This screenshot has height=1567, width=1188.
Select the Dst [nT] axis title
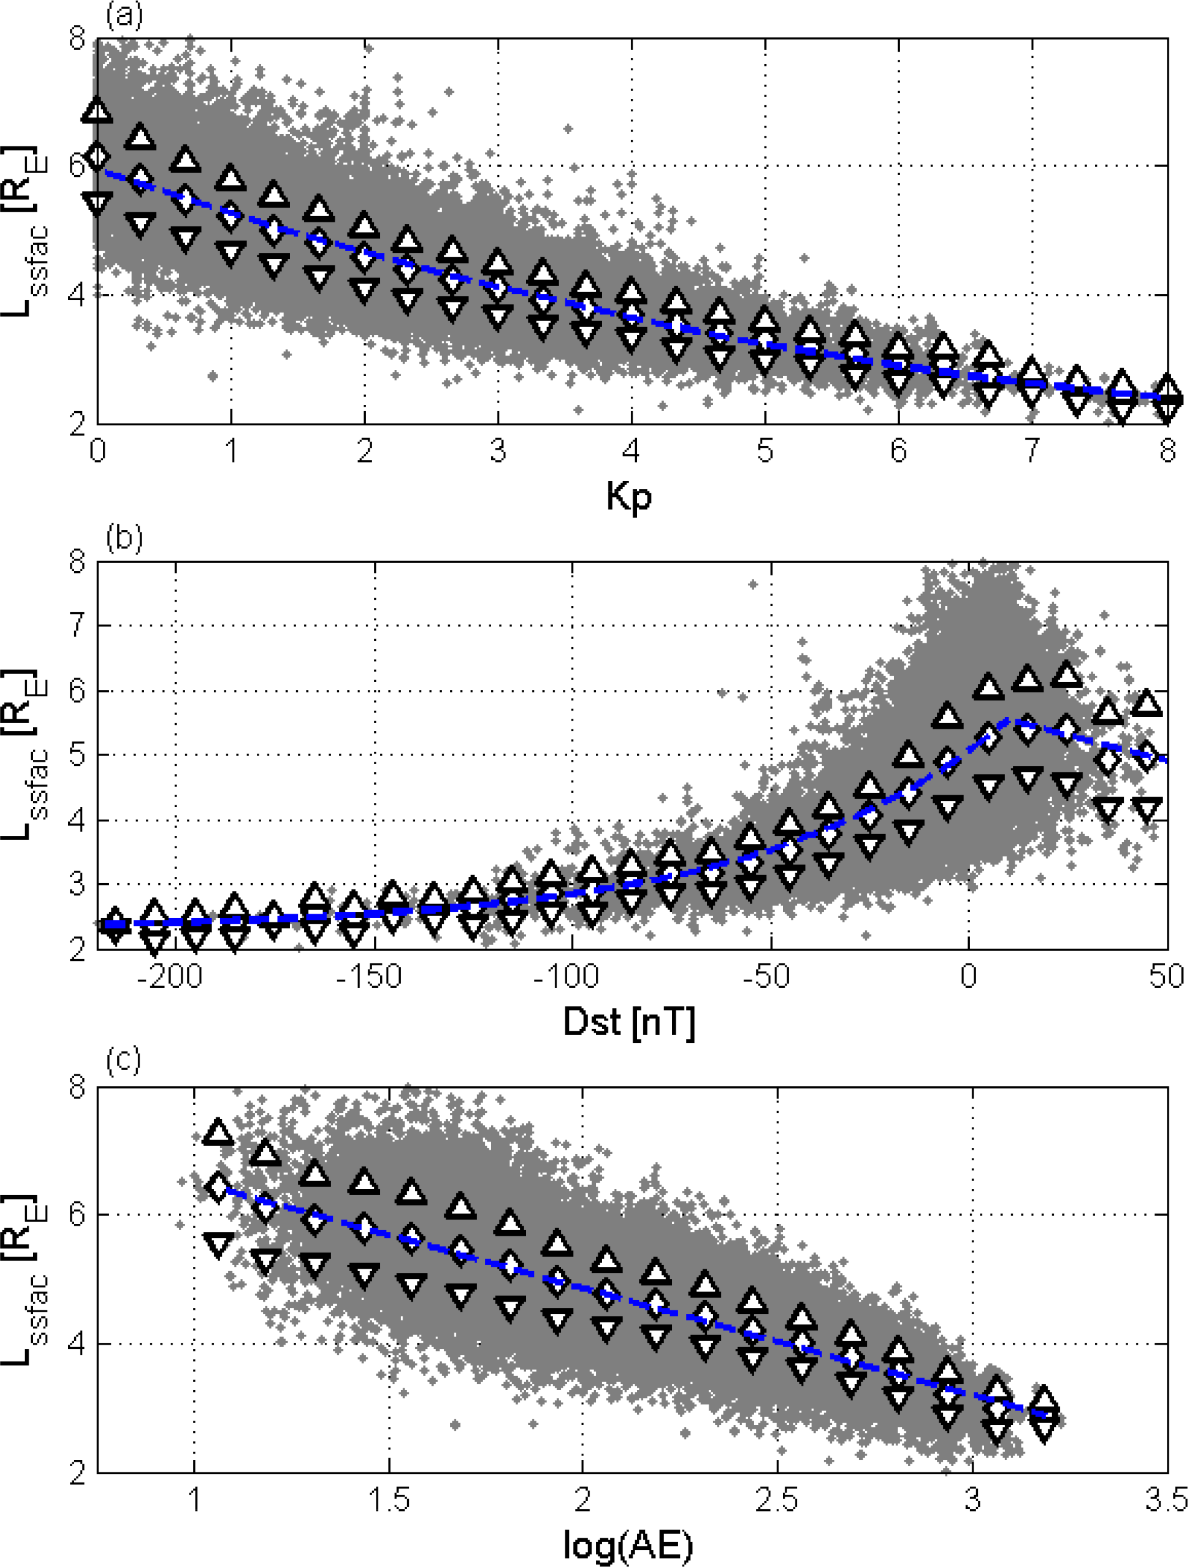[629, 1022]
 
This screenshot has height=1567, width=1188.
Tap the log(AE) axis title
[628, 1545]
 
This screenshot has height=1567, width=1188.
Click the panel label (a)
[124, 14]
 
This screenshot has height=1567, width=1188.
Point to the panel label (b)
[124, 537]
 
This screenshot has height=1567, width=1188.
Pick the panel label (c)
[124, 1060]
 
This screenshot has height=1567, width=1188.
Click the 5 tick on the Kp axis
[764, 450]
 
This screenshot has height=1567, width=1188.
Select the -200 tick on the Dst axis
[170, 976]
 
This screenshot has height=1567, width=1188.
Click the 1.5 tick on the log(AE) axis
[388, 1500]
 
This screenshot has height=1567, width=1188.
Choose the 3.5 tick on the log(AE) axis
[1167, 1500]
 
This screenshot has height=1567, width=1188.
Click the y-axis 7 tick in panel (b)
[77, 625]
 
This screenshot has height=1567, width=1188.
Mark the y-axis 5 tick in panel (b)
[77, 755]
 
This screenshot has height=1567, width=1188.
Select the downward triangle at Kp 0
[97, 202]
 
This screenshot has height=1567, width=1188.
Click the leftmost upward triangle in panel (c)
[218, 1131]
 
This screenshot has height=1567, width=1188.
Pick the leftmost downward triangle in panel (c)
[218, 1244]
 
